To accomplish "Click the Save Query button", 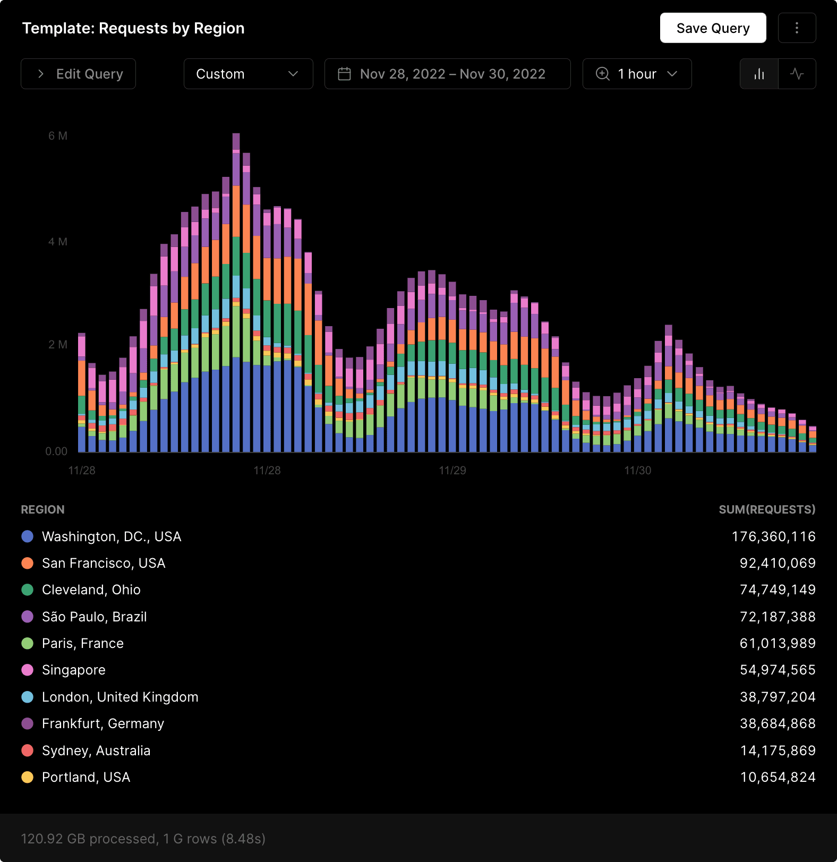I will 713,28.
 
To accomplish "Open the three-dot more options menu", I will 797,28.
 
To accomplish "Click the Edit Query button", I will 79,74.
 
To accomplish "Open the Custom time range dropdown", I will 248,74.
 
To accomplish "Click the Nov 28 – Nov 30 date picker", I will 447,74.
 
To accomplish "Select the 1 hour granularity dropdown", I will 637,74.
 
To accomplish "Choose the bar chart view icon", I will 759,74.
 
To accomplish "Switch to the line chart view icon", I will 797,74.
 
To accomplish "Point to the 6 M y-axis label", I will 58,136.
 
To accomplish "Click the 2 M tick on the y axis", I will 58,345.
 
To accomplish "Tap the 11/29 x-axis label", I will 452,471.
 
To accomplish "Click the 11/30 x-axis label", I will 637,471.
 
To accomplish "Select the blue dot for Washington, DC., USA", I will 28,536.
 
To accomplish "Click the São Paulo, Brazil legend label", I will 95,617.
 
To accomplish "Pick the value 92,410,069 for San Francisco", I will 777,563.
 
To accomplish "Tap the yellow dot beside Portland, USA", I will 28,777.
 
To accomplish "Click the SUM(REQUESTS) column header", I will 766,510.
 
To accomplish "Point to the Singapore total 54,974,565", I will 777,670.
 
